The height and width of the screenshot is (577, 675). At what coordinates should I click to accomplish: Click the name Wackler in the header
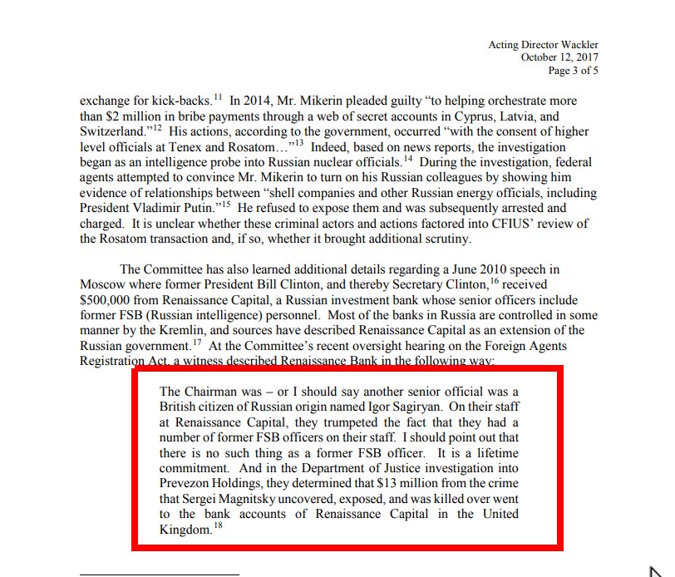tap(575, 45)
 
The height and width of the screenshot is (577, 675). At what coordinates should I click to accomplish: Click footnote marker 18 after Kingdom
tap(218, 525)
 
